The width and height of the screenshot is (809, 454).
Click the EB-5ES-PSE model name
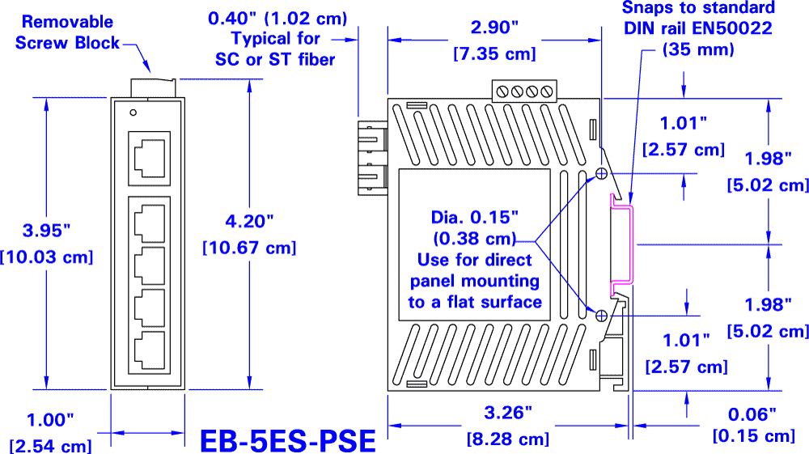click(x=287, y=440)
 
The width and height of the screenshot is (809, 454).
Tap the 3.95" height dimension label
click(x=47, y=231)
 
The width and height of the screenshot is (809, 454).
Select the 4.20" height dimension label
click(x=249, y=220)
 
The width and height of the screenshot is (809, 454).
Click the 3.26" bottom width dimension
click(x=508, y=412)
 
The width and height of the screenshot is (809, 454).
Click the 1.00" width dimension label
click(x=50, y=419)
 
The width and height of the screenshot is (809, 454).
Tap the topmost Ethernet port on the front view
click(x=149, y=157)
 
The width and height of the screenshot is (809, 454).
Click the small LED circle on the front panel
click(x=133, y=111)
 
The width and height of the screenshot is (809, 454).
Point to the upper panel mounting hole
click(x=601, y=173)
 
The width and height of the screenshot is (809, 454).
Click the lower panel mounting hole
click(x=601, y=315)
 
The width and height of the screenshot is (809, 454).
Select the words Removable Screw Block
click(x=66, y=32)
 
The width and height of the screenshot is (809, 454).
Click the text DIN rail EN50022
click(x=697, y=28)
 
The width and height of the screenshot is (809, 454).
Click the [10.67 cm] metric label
click(x=249, y=247)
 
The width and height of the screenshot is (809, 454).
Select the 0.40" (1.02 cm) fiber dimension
click(x=277, y=17)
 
